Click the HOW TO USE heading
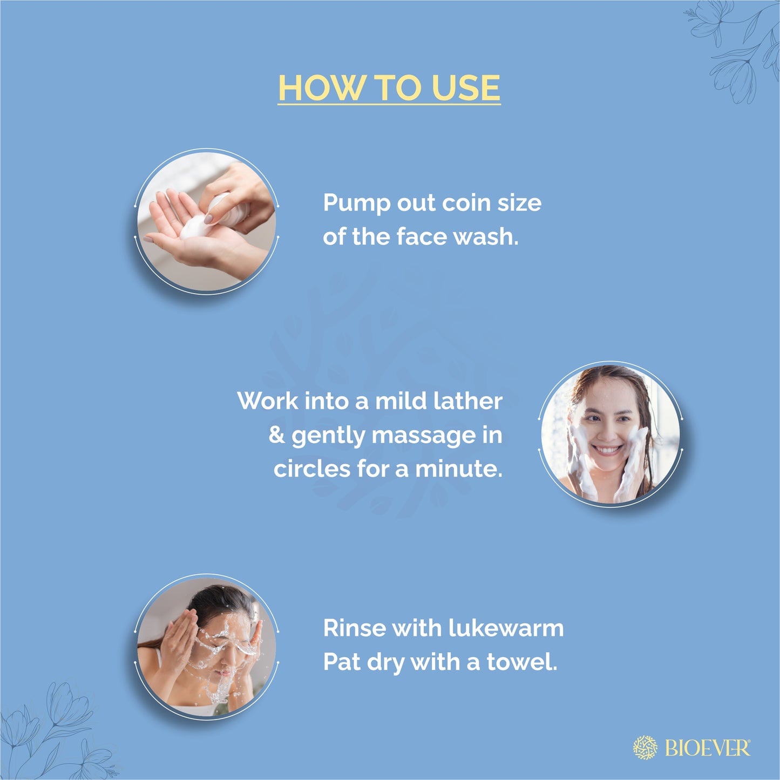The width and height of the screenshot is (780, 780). tap(389, 87)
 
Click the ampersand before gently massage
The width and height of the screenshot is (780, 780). tap(276, 435)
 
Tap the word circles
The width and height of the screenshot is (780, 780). tap(311, 469)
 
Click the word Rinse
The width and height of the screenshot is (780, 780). tap(354, 628)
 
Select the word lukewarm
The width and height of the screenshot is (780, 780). tap(506, 628)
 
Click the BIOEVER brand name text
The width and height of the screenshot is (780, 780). tap(707, 748)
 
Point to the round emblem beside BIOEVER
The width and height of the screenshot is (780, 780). tap(645, 748)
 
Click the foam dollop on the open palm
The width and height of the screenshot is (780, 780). tap(193, 227)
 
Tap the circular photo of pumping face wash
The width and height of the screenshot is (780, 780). tap(206, 222)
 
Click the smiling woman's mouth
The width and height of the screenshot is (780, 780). tap(607, 449)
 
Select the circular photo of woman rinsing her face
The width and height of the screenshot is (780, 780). tap(206, 647)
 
